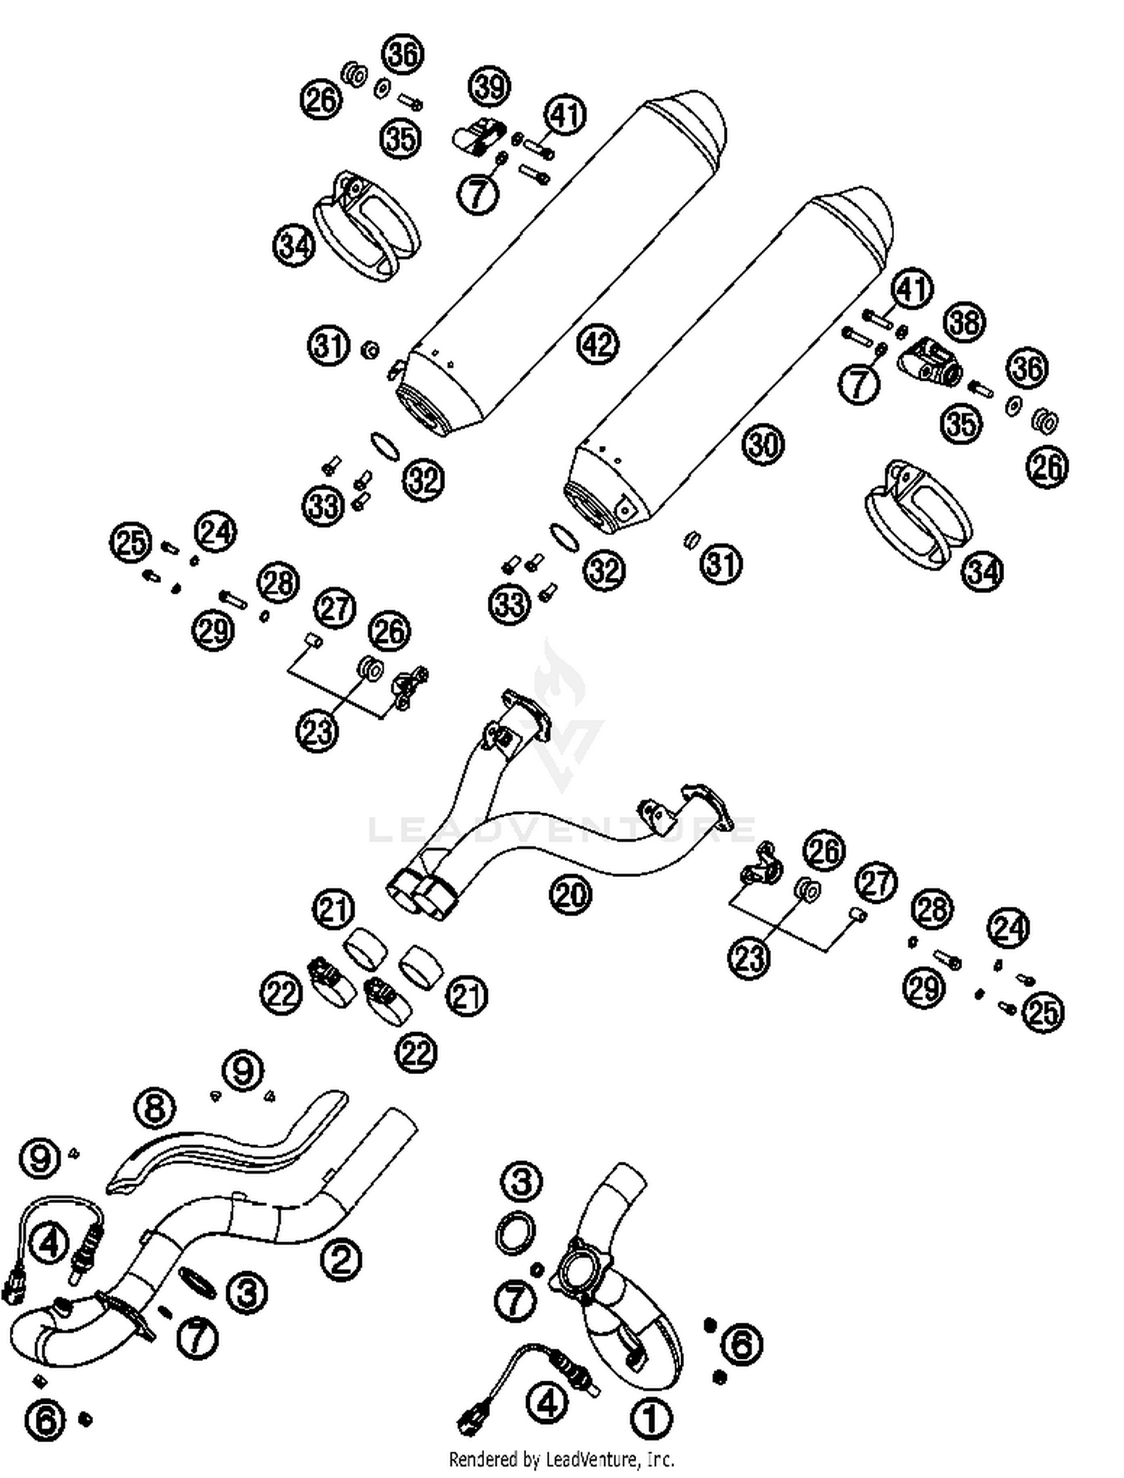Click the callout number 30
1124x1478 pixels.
tap(763, 444)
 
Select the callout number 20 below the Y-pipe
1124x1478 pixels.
tap(570, 894)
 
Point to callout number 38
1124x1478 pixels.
tap(964, 322)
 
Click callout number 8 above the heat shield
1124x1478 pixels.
tap(155, 1108)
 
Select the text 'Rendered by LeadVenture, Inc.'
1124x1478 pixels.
tap(561, 1459)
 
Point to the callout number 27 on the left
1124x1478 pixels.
tap(334, 607)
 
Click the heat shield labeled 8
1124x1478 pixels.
tap(225, 1146)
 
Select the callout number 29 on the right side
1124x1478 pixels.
tap(924, 988)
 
